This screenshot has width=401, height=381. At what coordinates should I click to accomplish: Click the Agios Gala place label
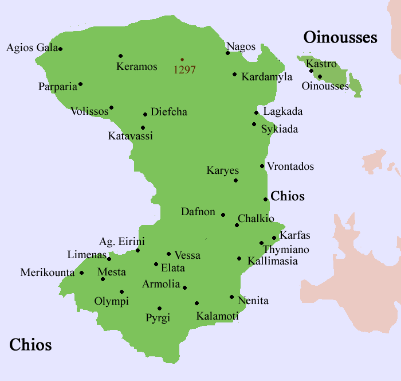pyautogui.click(x=32, y=48)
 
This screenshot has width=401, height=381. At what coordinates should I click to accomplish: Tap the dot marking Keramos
pyautogui.click(x=120, y=56)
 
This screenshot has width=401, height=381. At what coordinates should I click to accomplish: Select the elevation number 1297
pyautogui.click(x=185, y=70)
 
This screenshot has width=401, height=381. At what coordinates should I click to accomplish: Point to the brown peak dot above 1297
pyautogui.click(x=182, y=60)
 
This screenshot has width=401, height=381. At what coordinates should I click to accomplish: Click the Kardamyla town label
pyautogui.click(x=267, y=77)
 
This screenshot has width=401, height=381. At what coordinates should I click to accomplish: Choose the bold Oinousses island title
pyautogui.click(x=340, y=38)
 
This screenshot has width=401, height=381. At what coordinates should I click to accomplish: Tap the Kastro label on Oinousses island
pyautogui.click(x=321, y=64)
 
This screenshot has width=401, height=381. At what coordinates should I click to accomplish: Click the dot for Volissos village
pyautogui.click(x=111, y=107)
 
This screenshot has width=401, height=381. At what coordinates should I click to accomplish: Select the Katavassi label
pyautogui.click(x=131, y=137)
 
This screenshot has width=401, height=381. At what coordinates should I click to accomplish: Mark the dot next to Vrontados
pyautogui.click(x=262, y=166)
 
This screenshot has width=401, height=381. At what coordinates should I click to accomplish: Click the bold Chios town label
pyautogui.click(x=288, y=196)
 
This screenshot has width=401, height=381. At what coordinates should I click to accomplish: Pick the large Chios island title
pyautogui.click(x=30, y=345)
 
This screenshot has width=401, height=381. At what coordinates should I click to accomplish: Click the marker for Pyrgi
pyautogui.click(x=159, y=308)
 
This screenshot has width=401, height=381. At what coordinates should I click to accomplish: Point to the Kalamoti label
pyautogui.click(x=217, y=316)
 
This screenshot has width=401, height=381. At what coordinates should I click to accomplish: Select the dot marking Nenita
pyautogui.click(x=231, y=297)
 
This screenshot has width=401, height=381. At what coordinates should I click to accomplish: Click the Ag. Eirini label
pyautogui.click(x=122, y=242)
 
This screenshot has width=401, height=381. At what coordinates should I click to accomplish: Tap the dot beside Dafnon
pyautogui.click(x=223, y=215)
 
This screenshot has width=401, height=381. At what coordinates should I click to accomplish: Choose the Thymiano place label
pyautogui.click(x=286, y=250)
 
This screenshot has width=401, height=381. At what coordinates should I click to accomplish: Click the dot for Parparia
pyautogui.click(x=80, y=84)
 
